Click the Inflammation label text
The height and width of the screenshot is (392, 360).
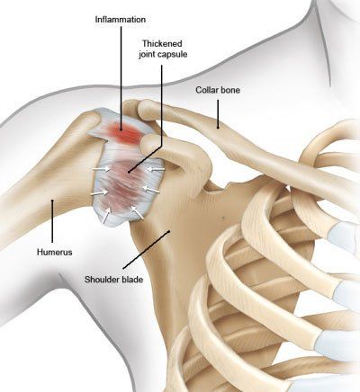[121, 20]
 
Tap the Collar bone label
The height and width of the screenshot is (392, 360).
[218, 90]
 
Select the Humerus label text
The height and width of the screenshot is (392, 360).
[55, 252]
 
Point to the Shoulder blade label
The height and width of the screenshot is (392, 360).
[113, 280]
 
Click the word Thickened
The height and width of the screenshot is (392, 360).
[162, 44]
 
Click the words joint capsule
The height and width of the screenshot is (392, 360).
[163, 55]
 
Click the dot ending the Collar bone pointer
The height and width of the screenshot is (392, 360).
[218, 128]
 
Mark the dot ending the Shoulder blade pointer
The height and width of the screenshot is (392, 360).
[169, 231]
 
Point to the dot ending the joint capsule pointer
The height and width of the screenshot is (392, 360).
[129, 172]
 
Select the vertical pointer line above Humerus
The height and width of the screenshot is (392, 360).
[52, 221]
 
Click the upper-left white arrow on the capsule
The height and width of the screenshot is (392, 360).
[101, 170]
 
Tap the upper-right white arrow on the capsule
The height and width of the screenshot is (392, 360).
[156, 170]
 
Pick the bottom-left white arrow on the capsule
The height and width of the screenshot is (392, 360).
[106, 215]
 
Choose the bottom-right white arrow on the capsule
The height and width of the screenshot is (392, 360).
[137, 212]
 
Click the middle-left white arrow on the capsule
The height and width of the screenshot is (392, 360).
[100, 192]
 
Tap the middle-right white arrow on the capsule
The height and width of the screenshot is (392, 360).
[151, 190]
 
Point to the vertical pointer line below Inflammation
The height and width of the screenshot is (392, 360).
[121, 78]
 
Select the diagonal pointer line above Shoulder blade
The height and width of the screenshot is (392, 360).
[146, 250]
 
